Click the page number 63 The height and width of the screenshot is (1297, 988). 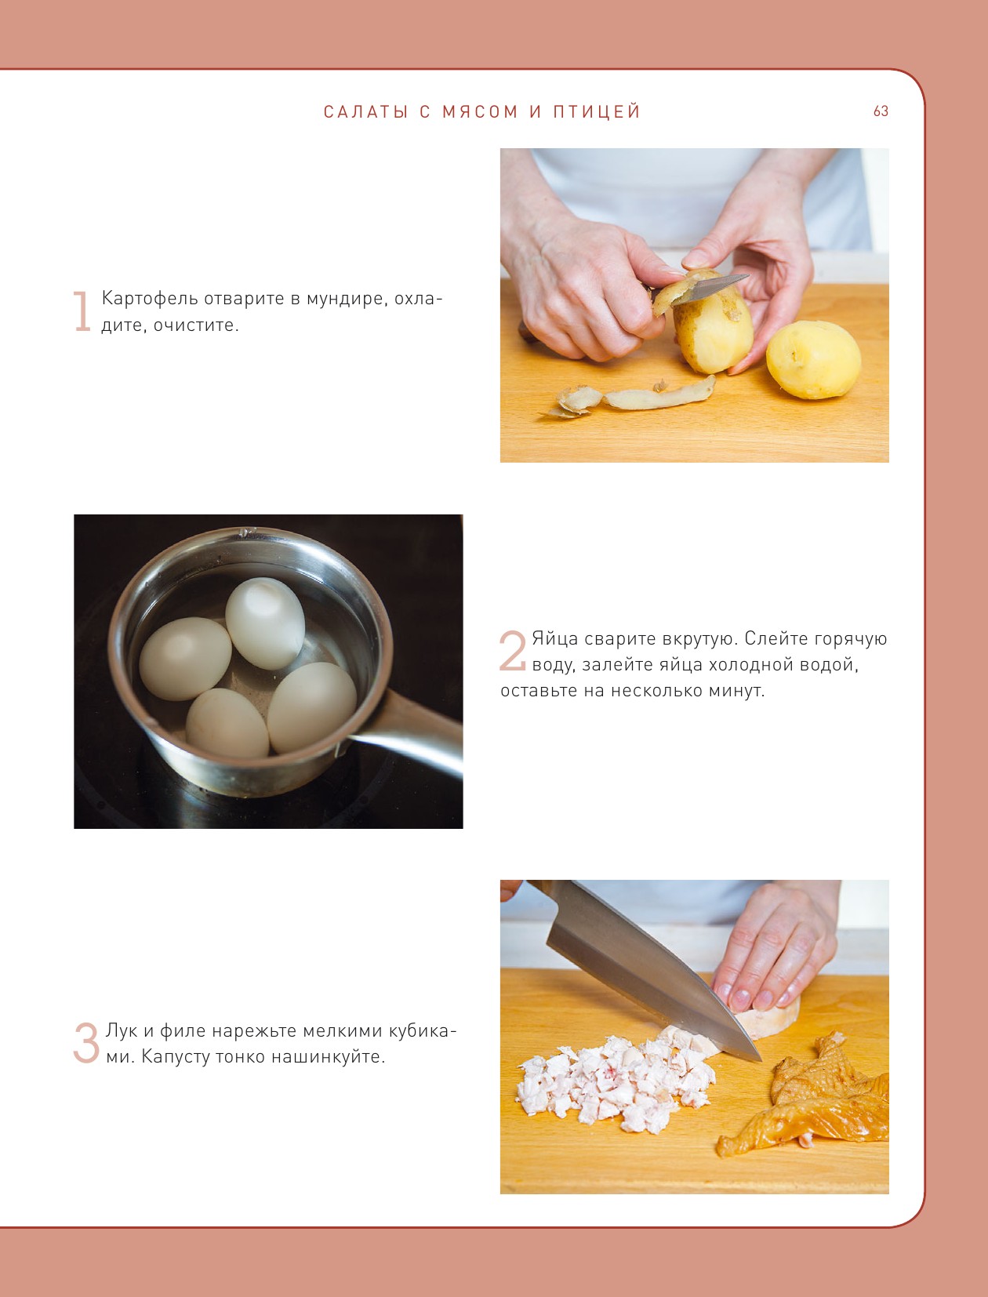pos(881,111)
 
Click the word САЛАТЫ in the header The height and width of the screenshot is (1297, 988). pos(365,111)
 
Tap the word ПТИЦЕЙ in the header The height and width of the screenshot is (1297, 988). pos(597,111)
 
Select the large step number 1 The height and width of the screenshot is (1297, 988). pos(82,311)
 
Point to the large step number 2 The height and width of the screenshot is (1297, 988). pos(512,651)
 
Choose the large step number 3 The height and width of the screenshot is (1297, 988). pos(86,1043)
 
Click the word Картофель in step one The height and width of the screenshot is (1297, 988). pos(150,299)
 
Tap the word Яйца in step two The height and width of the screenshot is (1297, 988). pos(555,639)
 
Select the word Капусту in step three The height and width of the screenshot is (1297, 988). pos(175,1058)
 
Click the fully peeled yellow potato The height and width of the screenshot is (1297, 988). pos(814,360)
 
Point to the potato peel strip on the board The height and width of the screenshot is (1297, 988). pos(632,398)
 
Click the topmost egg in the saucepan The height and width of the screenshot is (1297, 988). pos(265,623)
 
